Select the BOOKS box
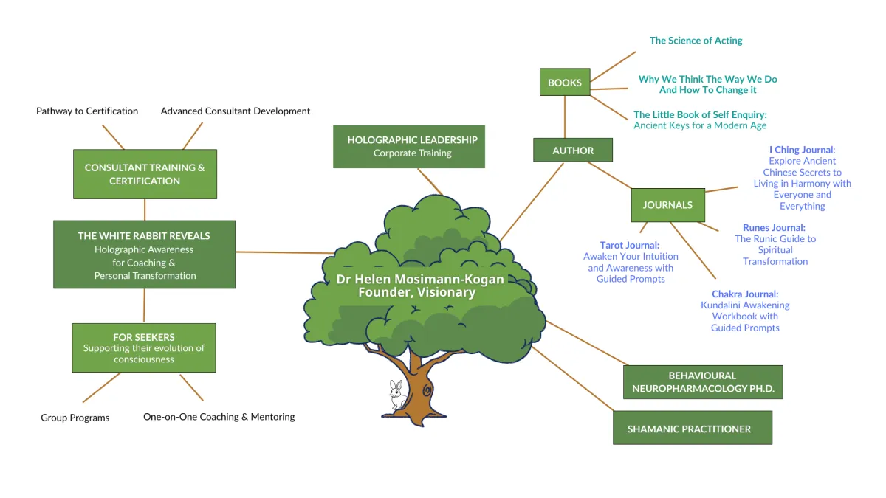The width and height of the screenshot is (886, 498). coord(565,83)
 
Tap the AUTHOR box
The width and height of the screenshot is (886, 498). coord(573,151)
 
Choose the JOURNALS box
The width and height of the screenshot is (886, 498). coord(667,205)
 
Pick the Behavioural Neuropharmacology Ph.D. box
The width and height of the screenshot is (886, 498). coord(702,382)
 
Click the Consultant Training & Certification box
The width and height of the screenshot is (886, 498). coord(145,174)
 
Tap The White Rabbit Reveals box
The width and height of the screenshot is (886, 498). coord(144,255)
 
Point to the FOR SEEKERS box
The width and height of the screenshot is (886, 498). coord(144,347)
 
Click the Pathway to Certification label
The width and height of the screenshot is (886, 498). coord(87,111)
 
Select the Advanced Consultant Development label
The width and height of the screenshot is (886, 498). coord(236,111)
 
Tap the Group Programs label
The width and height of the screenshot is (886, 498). coord(75,418)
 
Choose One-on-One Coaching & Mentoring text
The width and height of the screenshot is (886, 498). coord(219,417)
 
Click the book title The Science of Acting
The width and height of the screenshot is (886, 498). coord(696,41)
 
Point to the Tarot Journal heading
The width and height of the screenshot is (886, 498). coord(630,245)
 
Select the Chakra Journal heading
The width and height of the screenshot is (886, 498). coord(745,294)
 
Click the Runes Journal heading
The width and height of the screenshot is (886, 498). coord(774,228)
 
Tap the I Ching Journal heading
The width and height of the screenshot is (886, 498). coord(802,150)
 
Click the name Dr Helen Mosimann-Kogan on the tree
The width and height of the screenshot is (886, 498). coord(420,280)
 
